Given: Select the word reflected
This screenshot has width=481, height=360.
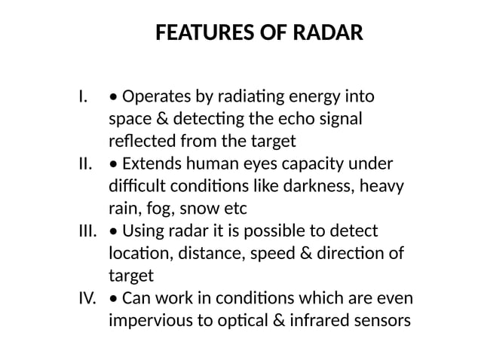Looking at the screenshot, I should [142, 141].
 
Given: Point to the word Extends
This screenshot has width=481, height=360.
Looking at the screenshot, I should [150, 163].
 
